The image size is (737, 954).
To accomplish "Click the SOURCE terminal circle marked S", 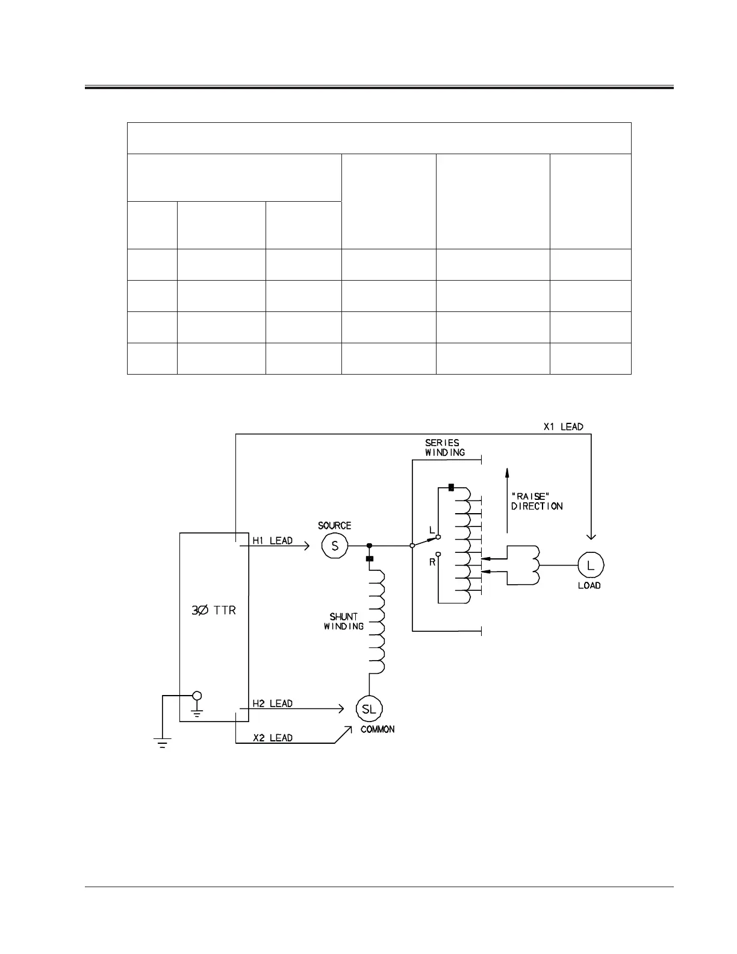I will (x=335, y=546).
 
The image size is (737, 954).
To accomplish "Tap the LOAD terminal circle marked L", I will (x=591, y=565).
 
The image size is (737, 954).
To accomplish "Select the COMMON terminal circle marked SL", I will (x=369, y=709).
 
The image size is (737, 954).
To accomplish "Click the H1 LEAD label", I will (x=272, y=540).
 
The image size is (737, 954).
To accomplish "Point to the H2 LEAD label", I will (x=272, y=703).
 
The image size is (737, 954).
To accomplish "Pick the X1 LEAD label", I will (x=563, y=426).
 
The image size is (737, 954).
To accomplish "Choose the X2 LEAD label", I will (x=272, y=738).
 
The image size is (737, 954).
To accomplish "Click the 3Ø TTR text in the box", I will (x=213, y=610).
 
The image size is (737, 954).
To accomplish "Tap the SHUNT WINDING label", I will (x=344, y=622).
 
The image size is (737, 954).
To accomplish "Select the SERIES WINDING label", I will (x=444, y=447).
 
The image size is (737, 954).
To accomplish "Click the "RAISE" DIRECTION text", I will (x=537, y=501).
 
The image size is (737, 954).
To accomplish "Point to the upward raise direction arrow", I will (x=507, y=500).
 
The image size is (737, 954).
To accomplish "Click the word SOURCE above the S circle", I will (x=334, y=526).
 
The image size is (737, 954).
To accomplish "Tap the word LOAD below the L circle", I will (x=589, y=585).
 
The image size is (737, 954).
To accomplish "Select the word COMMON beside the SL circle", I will (x=378, y=729).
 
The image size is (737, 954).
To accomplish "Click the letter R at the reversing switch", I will (x=432, y=561).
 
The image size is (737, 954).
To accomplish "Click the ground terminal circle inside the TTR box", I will (x=196, y=696).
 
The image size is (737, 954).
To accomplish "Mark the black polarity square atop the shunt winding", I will (x=370, y=558).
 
